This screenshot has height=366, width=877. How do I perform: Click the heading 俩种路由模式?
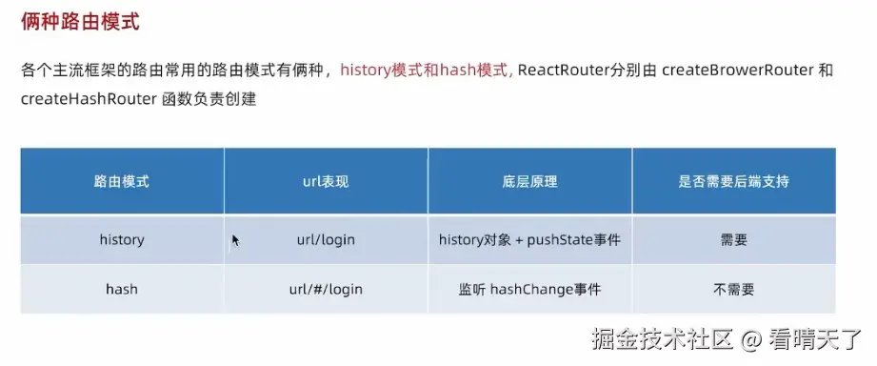pos(80,22)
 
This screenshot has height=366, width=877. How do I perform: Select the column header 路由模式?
pos(122,181)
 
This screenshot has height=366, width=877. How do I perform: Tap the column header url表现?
pos(326,181)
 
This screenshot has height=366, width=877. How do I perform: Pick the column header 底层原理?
pos(529,181)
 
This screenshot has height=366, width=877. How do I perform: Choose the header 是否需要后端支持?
pos(734,181)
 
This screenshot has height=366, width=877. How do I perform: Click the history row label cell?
pos(122,240)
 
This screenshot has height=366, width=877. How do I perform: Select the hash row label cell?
pos(122,290)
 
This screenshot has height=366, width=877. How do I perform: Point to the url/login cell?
pos(326,240)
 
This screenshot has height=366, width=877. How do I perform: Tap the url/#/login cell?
pos(326,290)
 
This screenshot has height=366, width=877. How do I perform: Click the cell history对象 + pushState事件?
pos(529,240)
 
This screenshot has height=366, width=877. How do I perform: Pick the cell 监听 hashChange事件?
pos(529,290)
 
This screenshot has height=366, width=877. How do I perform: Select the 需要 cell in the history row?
pos(734,240)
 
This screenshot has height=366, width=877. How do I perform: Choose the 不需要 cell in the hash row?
pos(734,290)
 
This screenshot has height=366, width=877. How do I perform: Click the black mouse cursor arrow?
pos(235,240)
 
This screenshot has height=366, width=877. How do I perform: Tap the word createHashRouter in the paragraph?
pos(88,99)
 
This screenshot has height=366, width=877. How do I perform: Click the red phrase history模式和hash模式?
pos(424,71)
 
